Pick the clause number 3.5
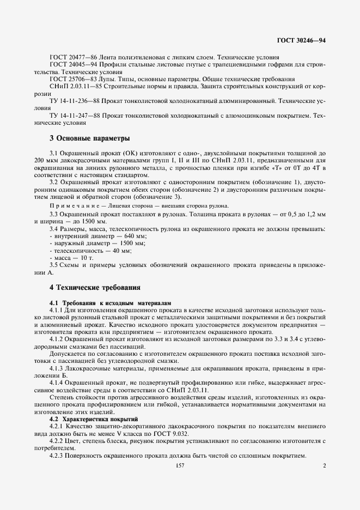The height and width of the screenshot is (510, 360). tap(54, 265)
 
